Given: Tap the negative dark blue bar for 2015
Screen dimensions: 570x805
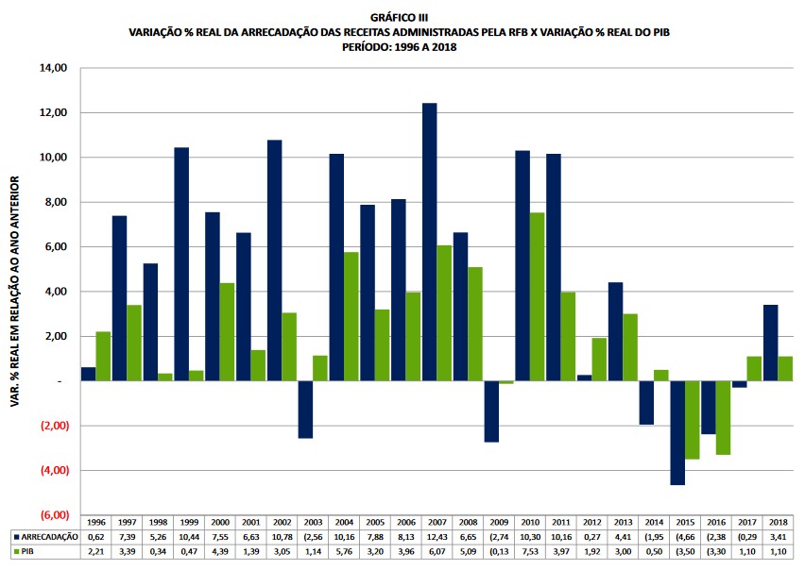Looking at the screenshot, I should tap(677, 432).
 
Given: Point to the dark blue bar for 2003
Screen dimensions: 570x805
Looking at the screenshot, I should tap(305, 410).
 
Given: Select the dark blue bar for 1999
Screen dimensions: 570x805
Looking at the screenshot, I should tap(181, 264).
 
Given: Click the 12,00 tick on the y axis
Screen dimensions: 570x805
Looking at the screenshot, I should tap(53, 113).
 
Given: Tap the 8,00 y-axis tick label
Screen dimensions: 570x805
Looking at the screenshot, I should tap(53, 202).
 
